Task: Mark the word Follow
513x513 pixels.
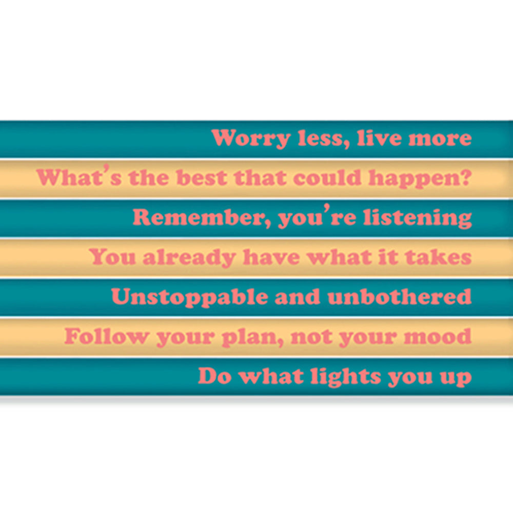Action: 106,337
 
